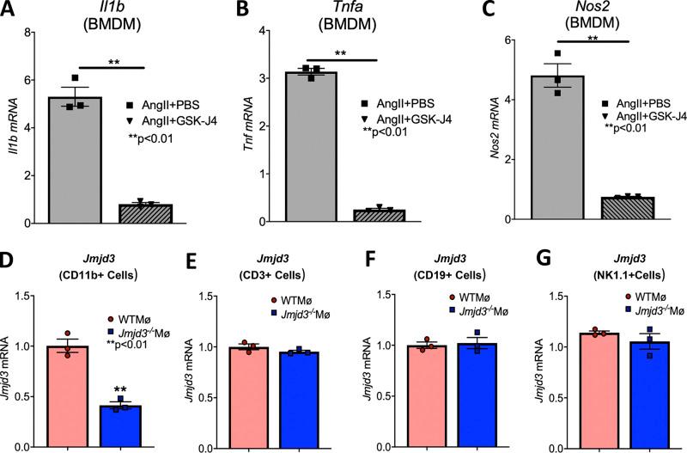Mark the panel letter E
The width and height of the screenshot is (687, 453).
pos(192,260)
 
